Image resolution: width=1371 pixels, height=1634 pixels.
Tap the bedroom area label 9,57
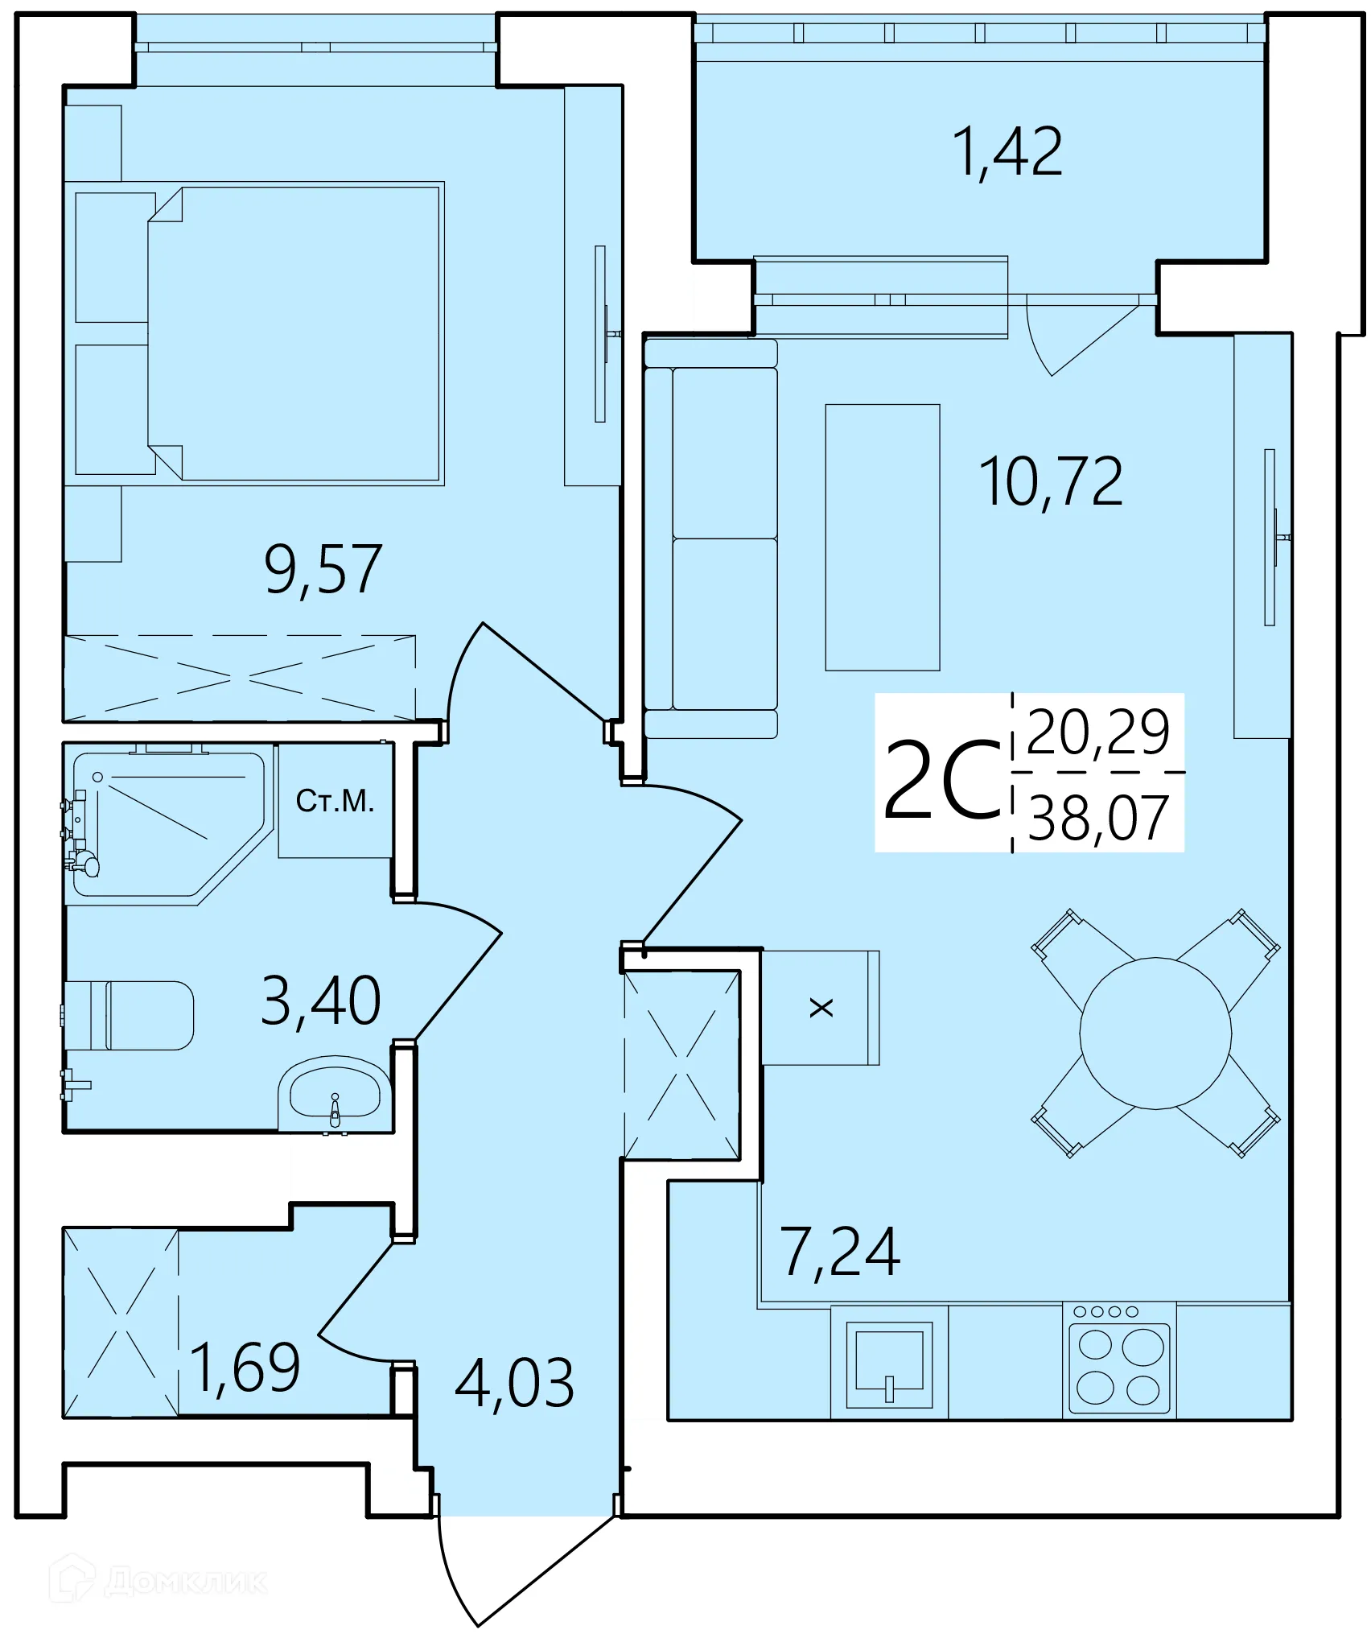[x=323, y=570]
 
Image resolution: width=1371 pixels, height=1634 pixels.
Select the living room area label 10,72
[x=1050, y=482]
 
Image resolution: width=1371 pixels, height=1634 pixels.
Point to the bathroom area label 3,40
[x=320, y=1001]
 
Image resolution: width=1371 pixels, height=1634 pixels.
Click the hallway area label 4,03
[x=514, y=1384]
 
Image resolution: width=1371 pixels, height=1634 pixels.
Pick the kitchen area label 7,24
[x=839, y=1252]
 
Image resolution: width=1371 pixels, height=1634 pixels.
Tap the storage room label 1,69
[x=245, y=1368]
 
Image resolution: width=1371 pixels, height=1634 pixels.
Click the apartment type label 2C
[x=941, y=781]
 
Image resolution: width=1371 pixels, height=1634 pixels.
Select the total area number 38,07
[x=1097, y=819]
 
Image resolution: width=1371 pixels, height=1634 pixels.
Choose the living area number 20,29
[x=1097, y=732]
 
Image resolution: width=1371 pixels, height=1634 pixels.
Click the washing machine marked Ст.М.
[x=335, y=801]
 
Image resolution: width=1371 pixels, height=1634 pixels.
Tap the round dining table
[x=1155, y=1034]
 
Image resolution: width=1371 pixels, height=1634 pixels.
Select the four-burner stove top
[x=1119, y=1364]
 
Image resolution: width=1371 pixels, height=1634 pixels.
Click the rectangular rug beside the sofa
[x=882, y=537]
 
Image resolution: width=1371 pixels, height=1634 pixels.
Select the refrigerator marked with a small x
[x=820, y=1008]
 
